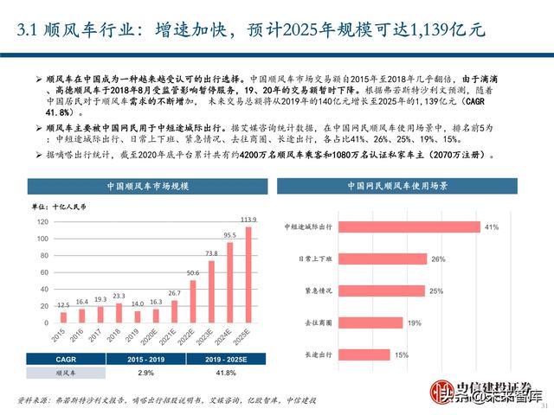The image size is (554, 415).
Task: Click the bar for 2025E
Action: (x=250, y=278)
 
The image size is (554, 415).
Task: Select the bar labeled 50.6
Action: (x=193, y=302)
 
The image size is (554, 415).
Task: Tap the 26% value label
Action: (x=438, y=259)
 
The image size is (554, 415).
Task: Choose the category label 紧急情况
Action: (x=312, y=290)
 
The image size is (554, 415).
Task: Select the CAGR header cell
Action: (x=48, y=359)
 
